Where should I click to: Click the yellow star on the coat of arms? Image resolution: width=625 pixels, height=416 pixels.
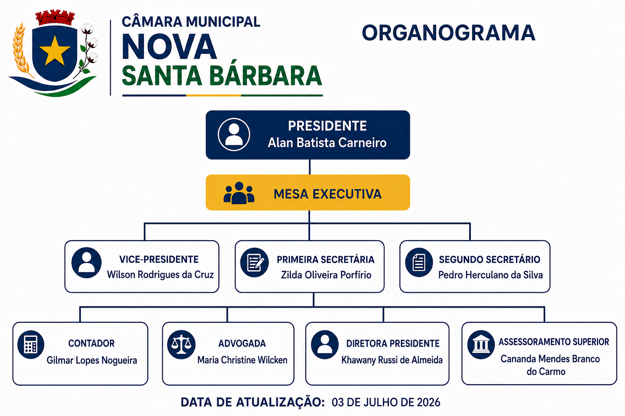pos(55,50)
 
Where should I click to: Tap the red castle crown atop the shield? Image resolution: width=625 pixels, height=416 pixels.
pos(55,18)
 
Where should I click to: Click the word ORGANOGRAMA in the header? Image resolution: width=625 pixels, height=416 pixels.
pos(448,33)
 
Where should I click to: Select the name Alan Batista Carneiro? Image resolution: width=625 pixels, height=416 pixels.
pos(327,143)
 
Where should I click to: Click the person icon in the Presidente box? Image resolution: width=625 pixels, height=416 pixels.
pos(234,134)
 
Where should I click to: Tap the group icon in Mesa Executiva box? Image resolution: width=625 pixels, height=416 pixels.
pos(239,193)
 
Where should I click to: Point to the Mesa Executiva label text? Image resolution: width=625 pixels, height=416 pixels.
pos(327,194)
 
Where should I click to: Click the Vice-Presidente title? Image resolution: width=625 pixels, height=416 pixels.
pos(159,260)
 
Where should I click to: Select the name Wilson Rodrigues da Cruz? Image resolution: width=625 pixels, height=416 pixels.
pos(160,275)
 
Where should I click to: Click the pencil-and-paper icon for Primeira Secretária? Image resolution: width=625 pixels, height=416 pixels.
pos(254,262)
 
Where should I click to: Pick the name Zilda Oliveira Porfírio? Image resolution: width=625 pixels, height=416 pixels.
pos(326,275)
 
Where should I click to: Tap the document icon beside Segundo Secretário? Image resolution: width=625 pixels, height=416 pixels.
pos(419,262)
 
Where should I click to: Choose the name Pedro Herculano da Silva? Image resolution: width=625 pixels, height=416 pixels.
pos(490,275)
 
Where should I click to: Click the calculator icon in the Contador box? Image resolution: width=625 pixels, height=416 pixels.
pos(31,344)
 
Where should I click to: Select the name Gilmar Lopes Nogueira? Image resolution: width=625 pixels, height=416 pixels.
pos(92,360)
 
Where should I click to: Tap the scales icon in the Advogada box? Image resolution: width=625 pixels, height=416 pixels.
pos(181,344)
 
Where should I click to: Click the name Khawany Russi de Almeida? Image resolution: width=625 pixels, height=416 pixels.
pos(392,360)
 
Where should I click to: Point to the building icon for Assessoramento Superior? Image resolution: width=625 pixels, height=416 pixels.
pos(481,344)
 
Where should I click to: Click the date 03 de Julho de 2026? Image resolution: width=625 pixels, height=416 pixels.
pos(386,402)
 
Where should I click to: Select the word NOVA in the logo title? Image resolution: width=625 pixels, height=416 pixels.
pos(169,47)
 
